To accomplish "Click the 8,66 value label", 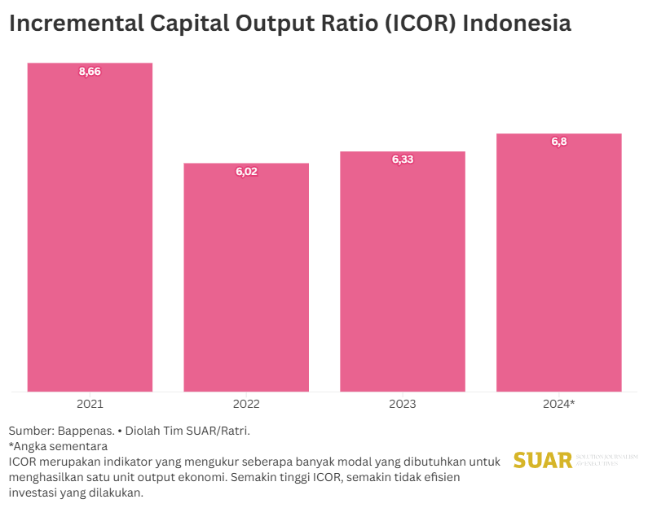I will [x=90, y=72].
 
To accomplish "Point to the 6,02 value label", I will [x=246, y=172].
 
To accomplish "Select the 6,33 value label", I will [x=403, y=160].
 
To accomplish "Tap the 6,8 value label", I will [x=559, y=142].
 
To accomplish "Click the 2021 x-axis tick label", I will [x=90, y=404].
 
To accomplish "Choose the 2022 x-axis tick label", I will [x=246, y=404].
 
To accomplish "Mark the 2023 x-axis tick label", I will [x=403, y=404].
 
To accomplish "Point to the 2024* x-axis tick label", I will [x=559, y=404].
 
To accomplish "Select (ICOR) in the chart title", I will [x=418, y=24].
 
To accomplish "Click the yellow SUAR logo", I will [x=543, y=460].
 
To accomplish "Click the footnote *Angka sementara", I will [x=58, y=446].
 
